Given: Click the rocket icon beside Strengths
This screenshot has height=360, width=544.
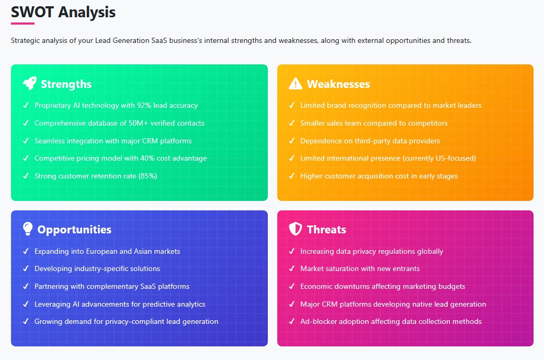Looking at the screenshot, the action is (x=29, y=83).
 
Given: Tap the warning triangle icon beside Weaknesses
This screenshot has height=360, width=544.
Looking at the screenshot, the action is (x=296, y=84).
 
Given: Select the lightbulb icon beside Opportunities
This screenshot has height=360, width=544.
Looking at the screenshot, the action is (x=28, y=229).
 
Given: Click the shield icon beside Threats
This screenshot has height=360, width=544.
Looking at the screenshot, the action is (x=295, y=229).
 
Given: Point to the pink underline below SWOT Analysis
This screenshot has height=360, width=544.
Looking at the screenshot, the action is (x=22, y=24).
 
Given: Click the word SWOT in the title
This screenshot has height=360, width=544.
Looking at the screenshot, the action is (x=32, y=12).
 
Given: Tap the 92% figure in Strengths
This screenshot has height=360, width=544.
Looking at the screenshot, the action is (x=144, y=105).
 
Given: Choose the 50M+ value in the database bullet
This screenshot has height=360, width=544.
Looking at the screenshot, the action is (x=138, y=123).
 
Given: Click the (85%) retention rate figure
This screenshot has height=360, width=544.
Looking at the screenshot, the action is (x=148, y=176).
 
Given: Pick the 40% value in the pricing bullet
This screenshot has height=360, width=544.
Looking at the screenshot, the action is (x=148, y=159).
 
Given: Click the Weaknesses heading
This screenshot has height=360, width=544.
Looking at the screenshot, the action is (x=338, y=84).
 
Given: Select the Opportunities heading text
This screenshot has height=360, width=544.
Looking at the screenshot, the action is (x=74, y=230).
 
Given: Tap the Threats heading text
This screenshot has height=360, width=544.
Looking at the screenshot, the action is (x=326, y=230).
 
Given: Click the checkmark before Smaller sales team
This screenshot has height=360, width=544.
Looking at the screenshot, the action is (x=292, y=123).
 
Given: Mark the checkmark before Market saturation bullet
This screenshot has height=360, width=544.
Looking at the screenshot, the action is (x=292, y=268).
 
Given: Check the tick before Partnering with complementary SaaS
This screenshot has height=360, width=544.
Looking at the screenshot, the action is (x=26, y=286).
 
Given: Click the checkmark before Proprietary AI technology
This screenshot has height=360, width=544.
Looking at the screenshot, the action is (x=26, y=105).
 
